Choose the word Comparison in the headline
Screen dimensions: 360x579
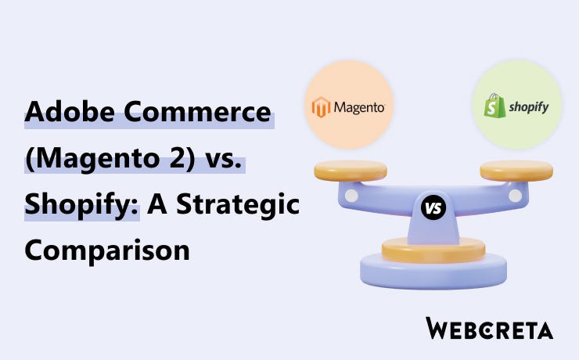108,251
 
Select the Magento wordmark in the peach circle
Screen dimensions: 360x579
359,107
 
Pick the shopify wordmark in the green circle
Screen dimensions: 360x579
529,106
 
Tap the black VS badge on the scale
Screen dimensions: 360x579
433,208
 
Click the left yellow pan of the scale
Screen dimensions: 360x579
351,169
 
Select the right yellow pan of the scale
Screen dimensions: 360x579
516,169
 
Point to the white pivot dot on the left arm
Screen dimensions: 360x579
351,194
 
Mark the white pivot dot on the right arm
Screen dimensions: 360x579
514,194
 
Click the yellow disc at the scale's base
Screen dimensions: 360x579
433,250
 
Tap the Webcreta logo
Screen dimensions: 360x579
489,329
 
